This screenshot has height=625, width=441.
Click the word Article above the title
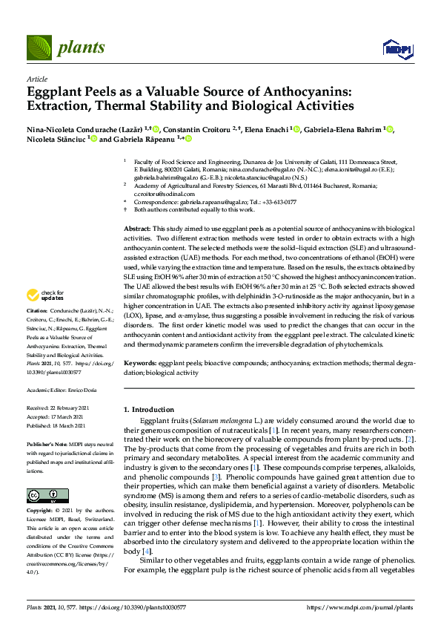(36, 78)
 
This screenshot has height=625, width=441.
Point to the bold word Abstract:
(136, 229)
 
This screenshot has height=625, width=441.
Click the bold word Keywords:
(139, 363)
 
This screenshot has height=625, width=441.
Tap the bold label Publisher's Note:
(47, 442)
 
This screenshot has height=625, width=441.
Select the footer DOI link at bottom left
(133, 607)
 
